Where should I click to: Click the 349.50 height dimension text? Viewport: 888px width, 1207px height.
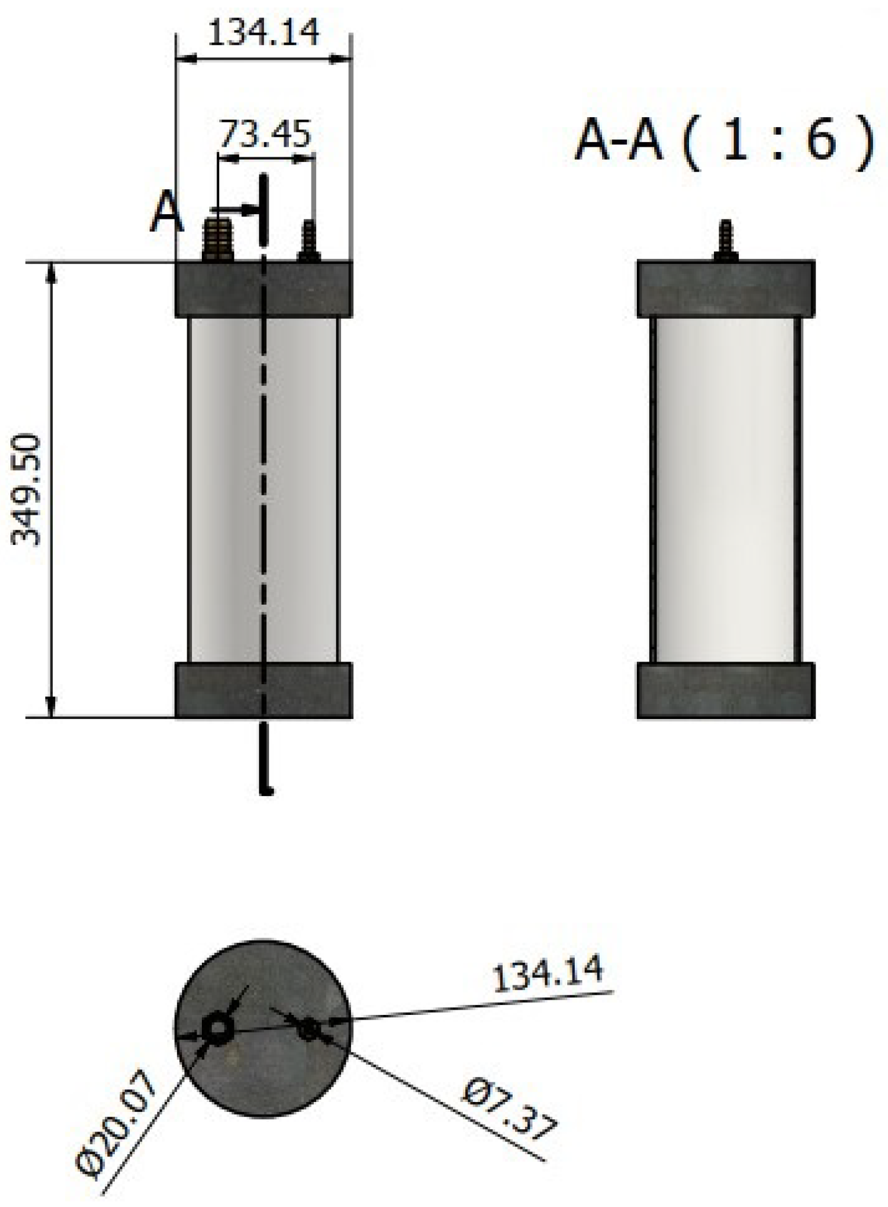click(x=27, y=490)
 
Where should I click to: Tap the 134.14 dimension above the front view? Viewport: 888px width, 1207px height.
click(x=264, y=34)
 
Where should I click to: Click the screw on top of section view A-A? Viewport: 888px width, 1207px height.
click(x=725, y=241)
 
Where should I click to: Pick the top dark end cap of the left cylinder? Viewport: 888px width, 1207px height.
click(x=264, y=289)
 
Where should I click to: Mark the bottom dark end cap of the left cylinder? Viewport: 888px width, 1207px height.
click(x=264, y=691)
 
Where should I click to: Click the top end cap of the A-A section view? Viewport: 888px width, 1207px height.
click(x=726, y=289)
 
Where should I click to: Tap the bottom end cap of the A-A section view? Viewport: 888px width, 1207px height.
click(x=726, y=691)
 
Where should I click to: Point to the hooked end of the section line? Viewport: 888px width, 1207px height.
click(x=266, y=790)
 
